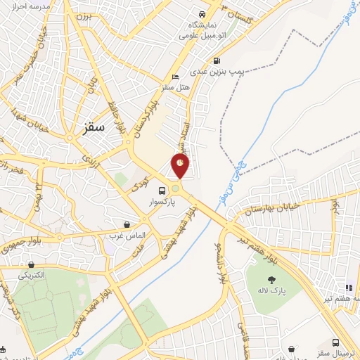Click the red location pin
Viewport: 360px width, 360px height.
(x=181, y=165)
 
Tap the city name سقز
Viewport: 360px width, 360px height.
(x=93, y=128)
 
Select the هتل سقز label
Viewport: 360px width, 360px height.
(x=179, y=86)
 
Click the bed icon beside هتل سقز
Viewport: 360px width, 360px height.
(x=176, y=77)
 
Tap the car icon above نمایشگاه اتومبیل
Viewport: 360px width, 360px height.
(x=202, y=14)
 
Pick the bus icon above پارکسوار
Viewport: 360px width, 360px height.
(x=162, y=191)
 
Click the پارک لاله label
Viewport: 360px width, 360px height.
(x=270, y=290)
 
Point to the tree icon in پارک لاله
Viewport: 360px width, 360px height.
(x=271, y=280)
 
